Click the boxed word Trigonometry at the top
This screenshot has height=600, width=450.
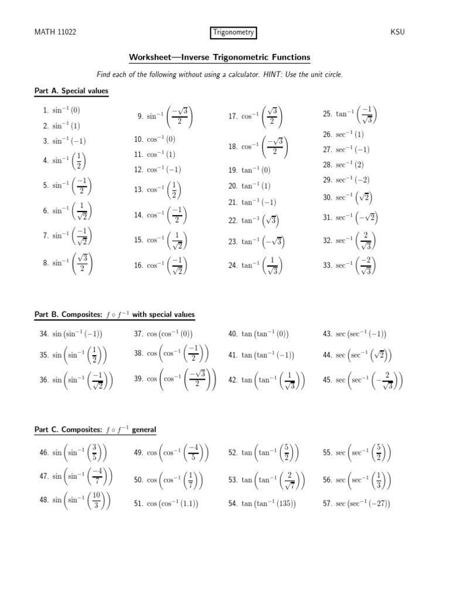coord(233,33)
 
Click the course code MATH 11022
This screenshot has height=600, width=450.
coord(56,33)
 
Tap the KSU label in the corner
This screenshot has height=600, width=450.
coord(398,33)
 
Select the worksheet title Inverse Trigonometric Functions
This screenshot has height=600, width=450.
coord(220,57)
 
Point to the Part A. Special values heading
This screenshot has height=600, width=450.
coord(71,91)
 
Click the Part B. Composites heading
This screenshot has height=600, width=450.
coord(115,315)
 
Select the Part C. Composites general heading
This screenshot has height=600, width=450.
coord(96,429)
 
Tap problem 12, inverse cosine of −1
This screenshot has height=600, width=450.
coord(158,170)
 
